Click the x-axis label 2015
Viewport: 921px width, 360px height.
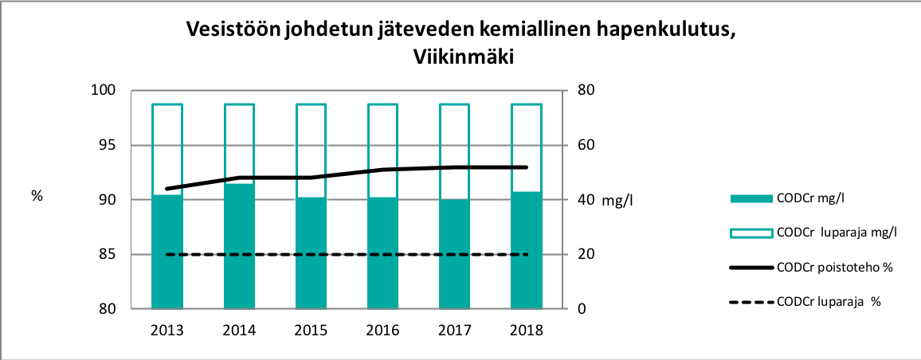[311, 330]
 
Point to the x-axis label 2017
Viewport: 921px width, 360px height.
[454, 330]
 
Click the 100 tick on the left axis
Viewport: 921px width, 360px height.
[106, 91]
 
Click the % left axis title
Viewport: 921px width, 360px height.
[36, 196]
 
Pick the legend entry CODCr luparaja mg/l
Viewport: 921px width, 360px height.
[837, 233]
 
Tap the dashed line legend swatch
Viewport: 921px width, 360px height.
[751, 302]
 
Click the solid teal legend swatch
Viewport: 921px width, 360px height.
[751, 198]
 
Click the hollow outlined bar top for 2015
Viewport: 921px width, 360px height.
[311, 104]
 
